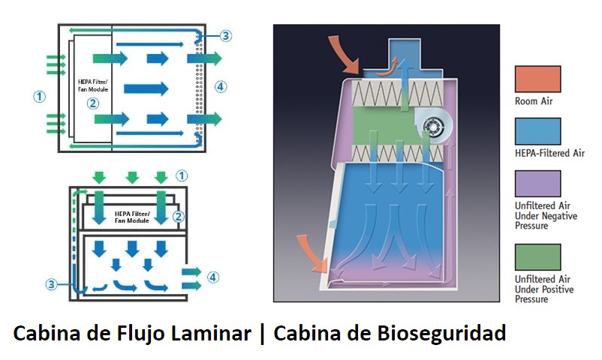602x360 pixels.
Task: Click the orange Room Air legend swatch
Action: pyautogui.click(x=537, y=79)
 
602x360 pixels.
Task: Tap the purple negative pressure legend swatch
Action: pyautogui.click(x=537, y=183)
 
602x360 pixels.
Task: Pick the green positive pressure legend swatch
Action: pyautogui.click(x=537, y=256)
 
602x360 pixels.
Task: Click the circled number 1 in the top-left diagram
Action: pyautogui.click(x=40, y=95)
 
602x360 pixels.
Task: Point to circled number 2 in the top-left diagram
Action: pyautogui.click(x=93, y=103)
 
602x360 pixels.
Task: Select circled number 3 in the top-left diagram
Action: pyautogui.click(x=226, y=35)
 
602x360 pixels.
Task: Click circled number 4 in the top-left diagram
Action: pyautogui.click(x=220, y=86)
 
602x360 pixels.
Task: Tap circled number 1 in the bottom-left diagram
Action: pyautogui.click(x=181, y=175)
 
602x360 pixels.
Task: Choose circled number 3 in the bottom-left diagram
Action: pyautogui.click(x=51, y=284)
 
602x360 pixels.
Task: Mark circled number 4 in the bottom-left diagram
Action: pyautogui.click(x=213, y=277)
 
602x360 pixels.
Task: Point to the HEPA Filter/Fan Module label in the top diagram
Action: pyautogui.click(x=93, y=85)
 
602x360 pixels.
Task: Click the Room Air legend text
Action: pyautogui.click(x=534, y=101)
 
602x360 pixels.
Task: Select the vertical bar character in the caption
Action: pyautogui.click(x=263, y=333)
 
